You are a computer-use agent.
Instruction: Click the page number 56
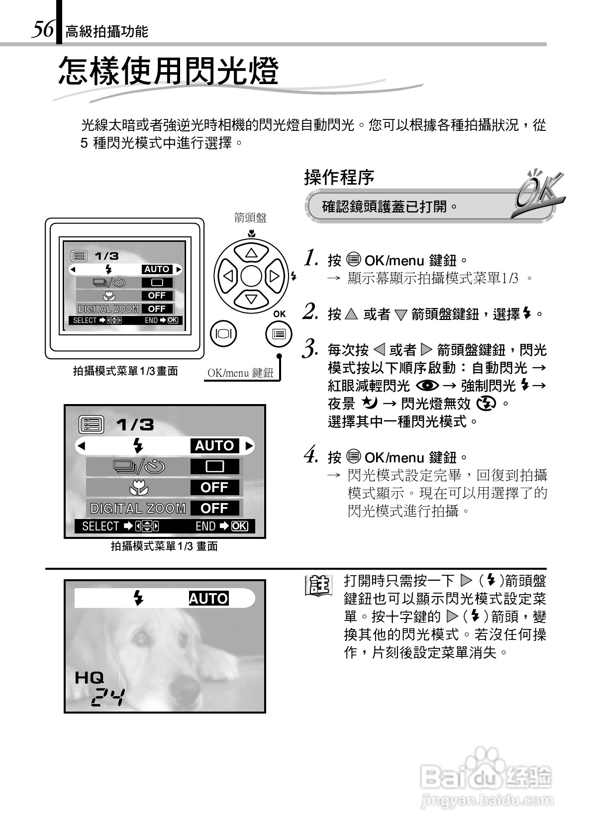pos(42,29)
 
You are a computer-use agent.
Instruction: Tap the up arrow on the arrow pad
pos(251,253)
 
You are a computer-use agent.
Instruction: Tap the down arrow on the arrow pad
pos(251,299)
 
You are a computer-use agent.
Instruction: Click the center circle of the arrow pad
pos(251,276)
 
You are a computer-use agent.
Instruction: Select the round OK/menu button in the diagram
pos(279,334)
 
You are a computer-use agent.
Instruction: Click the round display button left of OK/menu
pos(224,334)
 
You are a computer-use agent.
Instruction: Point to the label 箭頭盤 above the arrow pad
pos(250,217)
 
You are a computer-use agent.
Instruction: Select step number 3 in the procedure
pos(310,348)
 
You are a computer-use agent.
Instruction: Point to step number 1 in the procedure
pos(311,258)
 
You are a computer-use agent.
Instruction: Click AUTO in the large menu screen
pos(214,445)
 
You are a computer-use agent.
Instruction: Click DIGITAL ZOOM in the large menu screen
pos(138,508)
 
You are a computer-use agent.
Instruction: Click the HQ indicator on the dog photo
pos(90,677)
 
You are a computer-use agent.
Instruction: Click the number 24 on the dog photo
pos(108,698)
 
